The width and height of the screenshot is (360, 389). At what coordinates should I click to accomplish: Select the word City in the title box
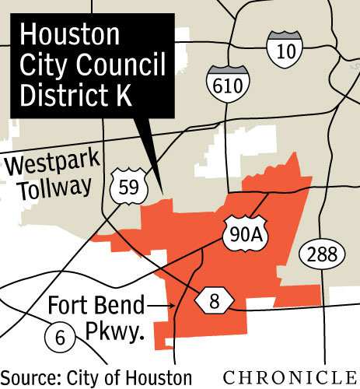click(44, 68)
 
